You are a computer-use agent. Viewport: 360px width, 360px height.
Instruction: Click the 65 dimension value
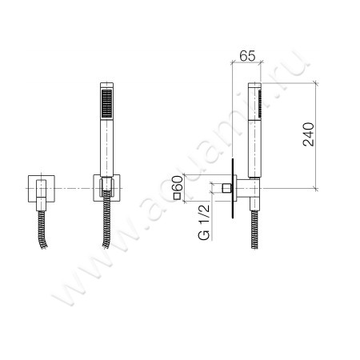click(247, 56)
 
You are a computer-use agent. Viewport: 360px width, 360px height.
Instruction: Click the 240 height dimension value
click(309, 134)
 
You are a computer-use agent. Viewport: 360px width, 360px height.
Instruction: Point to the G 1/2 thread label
click(204, 222)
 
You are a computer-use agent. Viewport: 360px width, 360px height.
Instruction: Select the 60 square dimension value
click(178, 182)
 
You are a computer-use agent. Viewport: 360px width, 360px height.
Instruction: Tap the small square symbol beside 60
click(177, 196)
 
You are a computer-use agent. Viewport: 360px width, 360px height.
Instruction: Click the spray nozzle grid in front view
click(107, 103)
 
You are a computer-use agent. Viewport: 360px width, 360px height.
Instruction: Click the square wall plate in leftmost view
click(42, 188)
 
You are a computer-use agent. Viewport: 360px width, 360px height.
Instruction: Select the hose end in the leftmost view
click(42, 230)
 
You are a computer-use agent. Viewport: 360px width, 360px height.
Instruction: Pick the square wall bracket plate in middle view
click(106, 188)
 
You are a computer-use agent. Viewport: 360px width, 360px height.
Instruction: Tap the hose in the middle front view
click(106, 219)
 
